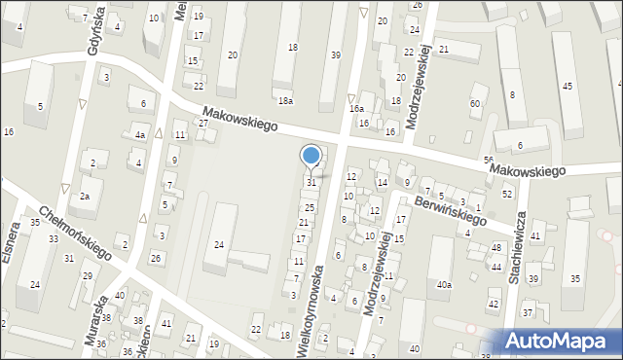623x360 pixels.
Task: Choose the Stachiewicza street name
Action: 516,248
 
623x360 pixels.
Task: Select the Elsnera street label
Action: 12,245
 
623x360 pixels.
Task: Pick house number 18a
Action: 285,101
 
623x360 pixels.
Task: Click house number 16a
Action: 357,109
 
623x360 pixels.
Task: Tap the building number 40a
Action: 444,285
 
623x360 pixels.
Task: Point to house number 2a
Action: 85,197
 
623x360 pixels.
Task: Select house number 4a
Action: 140,135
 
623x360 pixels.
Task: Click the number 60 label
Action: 475,103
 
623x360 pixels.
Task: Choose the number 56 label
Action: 489,160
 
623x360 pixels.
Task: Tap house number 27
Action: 203,124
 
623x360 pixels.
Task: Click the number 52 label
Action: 507,195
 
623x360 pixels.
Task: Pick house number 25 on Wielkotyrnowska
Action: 310,207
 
